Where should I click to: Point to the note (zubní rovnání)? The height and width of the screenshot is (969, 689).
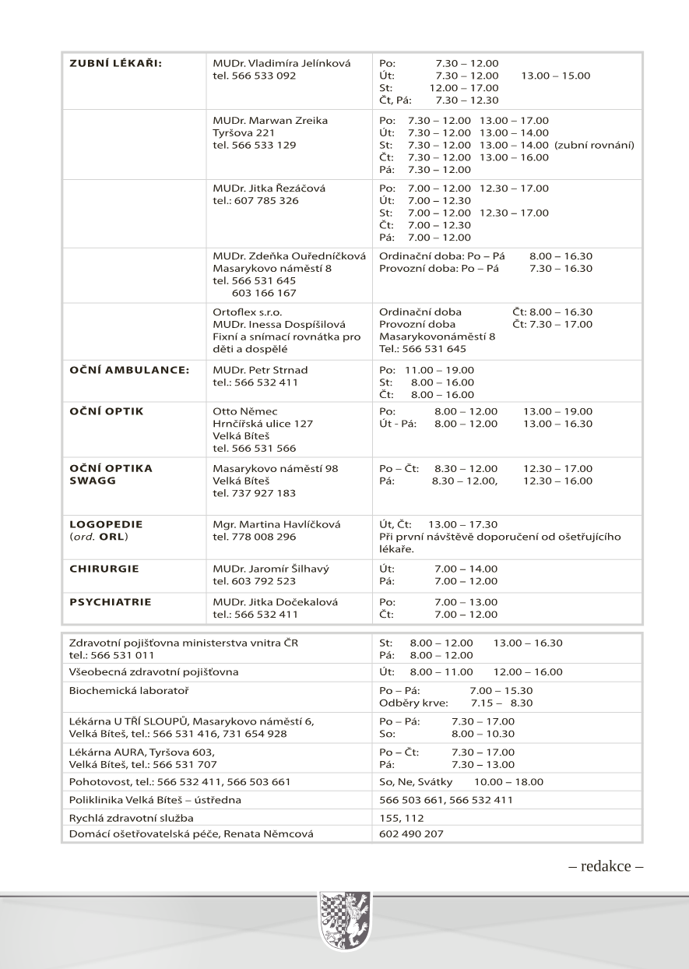coord(595,145)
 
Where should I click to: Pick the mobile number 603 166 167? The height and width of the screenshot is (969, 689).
coord(264,293)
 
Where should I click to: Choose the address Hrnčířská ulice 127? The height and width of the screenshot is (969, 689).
coord(262,424)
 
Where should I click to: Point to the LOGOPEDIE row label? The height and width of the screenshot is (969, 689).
coord(107,524)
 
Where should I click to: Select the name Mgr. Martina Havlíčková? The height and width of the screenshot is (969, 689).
coord(276,524)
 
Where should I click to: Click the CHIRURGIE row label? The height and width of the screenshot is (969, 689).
coord(104,569)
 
